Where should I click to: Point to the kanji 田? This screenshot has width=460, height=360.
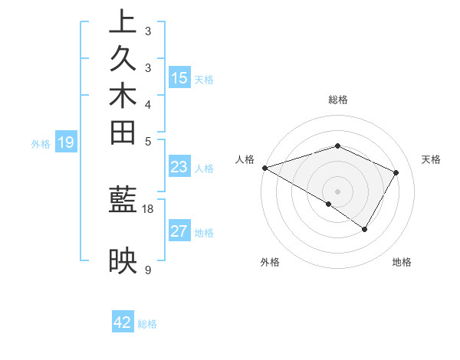coord(123,133)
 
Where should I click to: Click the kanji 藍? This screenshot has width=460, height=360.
coord(123,201)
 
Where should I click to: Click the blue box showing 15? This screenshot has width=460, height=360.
coord(179,77)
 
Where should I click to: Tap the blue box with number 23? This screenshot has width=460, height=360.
coord(179,167)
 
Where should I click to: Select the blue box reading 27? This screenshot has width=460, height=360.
coord(179,231)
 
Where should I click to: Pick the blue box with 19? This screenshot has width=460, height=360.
coord(66,142)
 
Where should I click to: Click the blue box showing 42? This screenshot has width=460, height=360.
coord(123,322)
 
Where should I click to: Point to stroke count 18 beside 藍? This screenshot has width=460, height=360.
coord(148,208)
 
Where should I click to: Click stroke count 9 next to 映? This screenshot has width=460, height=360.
coord(148,270)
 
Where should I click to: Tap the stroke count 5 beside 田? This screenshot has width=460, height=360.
coord(148,141)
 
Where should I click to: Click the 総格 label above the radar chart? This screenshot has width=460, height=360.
coord(338,100)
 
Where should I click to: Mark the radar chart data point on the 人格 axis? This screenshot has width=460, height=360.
coord(264,167)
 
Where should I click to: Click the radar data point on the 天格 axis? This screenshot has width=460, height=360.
coord(396,172)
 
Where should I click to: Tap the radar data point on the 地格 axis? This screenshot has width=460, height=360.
coord(365,228)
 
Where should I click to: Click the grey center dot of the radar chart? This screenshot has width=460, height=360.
coord(338,191)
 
